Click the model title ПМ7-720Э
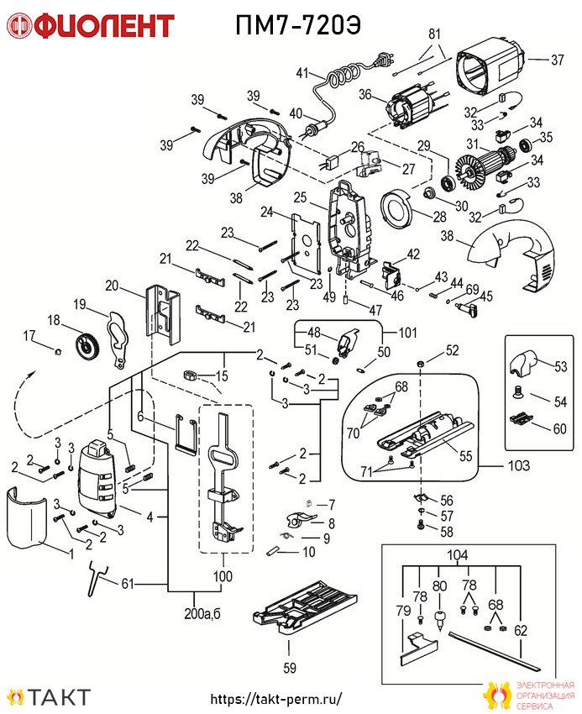click(x=298, y=25)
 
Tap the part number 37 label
click(x=558, y=60)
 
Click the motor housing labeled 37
click(x=491, y=66)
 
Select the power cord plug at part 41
click(x=385, y=60)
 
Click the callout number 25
click(x=300, y=197)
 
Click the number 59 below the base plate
click(x=290, y=668)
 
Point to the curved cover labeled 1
click(x=27, y=518)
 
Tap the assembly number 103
click(x=519, y=466)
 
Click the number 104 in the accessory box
click(x=457, y=555)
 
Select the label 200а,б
click(x=202, y=614)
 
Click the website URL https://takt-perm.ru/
click(x=276, y=699)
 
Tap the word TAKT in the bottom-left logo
click(x=60, y=697)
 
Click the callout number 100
click(x=223, y=576)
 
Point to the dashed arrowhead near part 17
click(x=30, y=374)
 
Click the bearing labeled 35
click(x=526, y=145)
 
